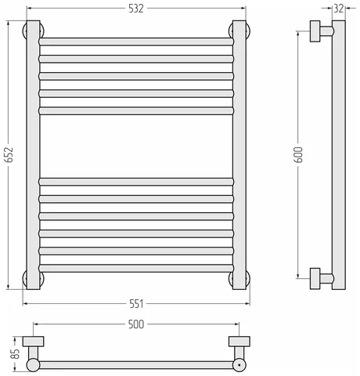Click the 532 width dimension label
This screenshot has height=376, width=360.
[136, 9]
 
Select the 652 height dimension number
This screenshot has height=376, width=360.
[9, 154]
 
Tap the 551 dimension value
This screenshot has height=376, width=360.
[136, 304]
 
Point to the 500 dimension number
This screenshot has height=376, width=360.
[136, 324]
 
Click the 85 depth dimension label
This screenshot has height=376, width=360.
[16, 353]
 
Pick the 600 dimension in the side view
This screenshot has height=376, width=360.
[298, 154]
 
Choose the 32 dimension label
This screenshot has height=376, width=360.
[339, 9]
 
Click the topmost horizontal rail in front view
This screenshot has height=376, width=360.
[136, 42]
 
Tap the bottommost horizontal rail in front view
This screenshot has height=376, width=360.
[136, 268]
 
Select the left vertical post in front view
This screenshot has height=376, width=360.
[33, 155]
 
